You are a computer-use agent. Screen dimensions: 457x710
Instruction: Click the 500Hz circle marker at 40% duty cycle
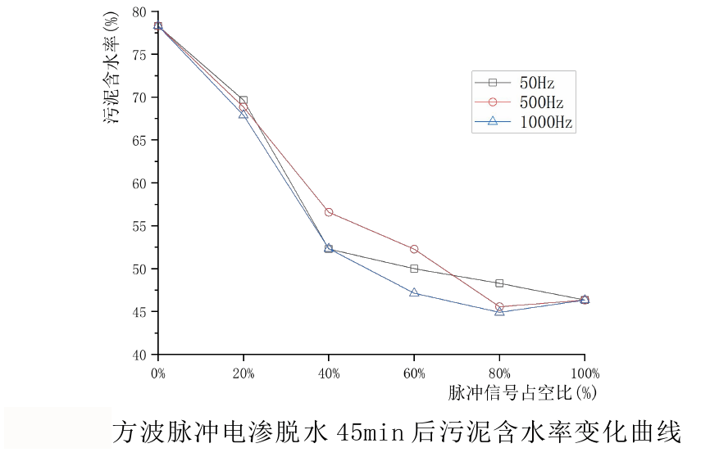tap(329, 212)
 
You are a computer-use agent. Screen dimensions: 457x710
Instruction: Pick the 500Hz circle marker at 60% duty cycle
tap(414, 249)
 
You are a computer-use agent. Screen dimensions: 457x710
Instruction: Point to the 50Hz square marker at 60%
tap(414, 269)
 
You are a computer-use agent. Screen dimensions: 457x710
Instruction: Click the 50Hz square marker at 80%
tap(499, 283)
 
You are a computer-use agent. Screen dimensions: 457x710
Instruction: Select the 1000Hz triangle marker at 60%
tap(414, 292)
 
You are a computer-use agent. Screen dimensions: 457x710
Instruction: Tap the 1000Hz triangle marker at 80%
tap(499, 311)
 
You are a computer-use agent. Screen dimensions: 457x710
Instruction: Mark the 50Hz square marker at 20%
tap(243, 101)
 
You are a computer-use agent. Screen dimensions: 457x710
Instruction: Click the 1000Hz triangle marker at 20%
tap(243, 114)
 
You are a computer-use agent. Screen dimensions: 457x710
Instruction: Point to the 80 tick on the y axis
tap(140, 11)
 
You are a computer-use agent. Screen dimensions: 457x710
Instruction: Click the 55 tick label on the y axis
tap(140, 226)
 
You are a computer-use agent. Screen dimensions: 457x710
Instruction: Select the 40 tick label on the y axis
tap(140, 355)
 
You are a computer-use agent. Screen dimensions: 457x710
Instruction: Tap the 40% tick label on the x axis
tap(329, 373)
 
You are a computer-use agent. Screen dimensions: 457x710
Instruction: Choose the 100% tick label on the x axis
tap(584, 373)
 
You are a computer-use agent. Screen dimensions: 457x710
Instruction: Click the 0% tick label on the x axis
tap(158, 373)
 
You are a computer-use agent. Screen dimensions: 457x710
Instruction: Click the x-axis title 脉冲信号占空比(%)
tap(522, 393)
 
